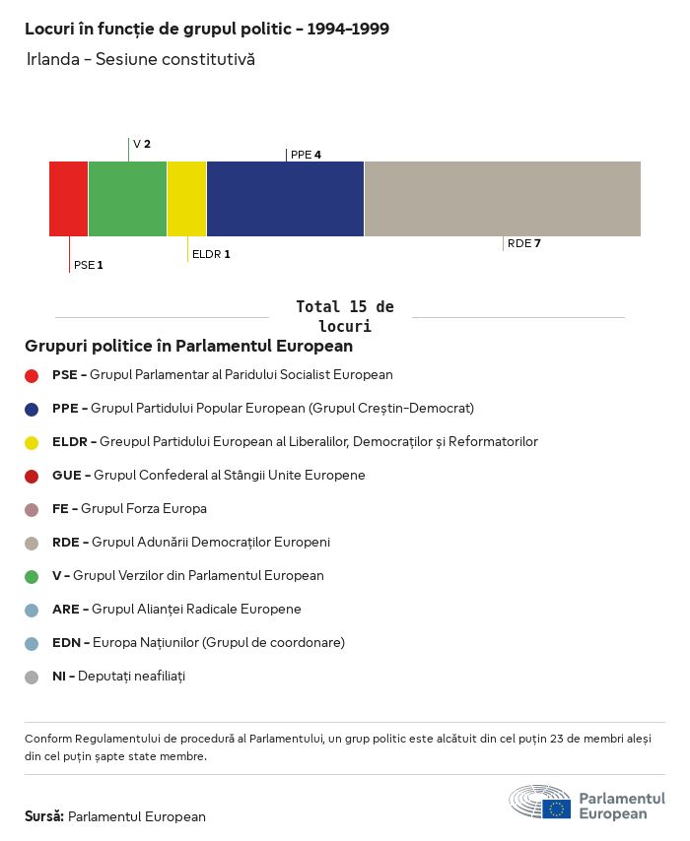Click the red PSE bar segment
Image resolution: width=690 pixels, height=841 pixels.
pos(68,199)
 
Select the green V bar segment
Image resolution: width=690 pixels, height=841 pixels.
pos(127,199)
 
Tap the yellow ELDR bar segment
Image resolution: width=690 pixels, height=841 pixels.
pos(186,199)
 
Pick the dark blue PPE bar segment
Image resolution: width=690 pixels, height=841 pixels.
pos(285,199)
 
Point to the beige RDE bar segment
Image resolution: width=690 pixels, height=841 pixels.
pos(502,199)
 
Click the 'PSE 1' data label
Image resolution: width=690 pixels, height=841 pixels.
pos(88,265)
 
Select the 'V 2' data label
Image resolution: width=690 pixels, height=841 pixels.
pos(142,144)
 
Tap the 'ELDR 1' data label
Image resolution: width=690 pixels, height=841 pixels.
pos(211,254)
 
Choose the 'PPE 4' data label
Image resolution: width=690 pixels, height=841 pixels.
pos(306,155)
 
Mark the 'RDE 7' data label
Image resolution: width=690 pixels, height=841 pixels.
pos(523,243)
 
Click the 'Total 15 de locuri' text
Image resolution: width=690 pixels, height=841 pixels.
pos(344,316)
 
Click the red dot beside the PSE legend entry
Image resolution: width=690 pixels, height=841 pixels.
pos(32,375)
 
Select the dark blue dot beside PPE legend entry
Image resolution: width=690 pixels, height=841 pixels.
pos(32,409)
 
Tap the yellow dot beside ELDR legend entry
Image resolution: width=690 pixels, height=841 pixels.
pos(32,442)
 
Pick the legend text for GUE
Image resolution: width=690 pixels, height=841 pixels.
pos(208,476)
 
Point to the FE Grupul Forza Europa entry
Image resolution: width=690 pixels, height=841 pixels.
pos(129,509)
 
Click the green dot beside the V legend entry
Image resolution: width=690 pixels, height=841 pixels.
pos(32,576)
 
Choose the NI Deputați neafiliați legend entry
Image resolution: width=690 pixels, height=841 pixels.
pos(118,677)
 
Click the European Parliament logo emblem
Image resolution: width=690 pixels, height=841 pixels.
pos(540,802)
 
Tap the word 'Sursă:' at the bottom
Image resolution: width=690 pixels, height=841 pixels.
pos(44,816)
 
